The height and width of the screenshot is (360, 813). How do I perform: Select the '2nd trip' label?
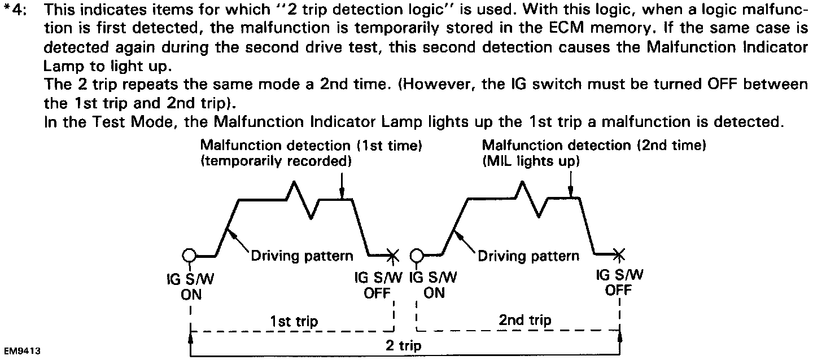click(x=525, y=320)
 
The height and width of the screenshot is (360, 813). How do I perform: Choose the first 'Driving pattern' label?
click(x=302, y=256)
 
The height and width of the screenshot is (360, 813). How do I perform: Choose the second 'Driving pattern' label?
click(x=528, y=256)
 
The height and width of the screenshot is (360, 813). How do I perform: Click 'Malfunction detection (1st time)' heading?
click(x=312, y=146)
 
